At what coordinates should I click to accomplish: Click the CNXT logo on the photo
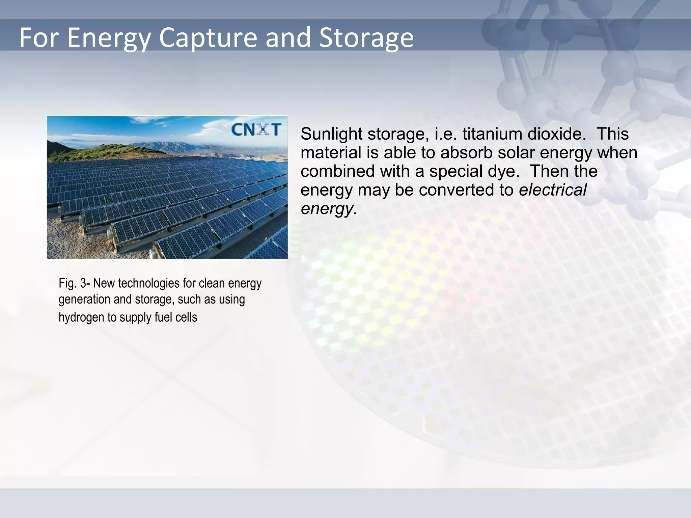pyautogui.click(x=256, y=130)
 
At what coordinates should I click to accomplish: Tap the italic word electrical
pyautogui.click(x=553, y=190)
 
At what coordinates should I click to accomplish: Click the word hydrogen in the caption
pyautogui.click(x=81, y=317)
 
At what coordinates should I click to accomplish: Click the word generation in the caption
pyautogui.click(x=84, y=299)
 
